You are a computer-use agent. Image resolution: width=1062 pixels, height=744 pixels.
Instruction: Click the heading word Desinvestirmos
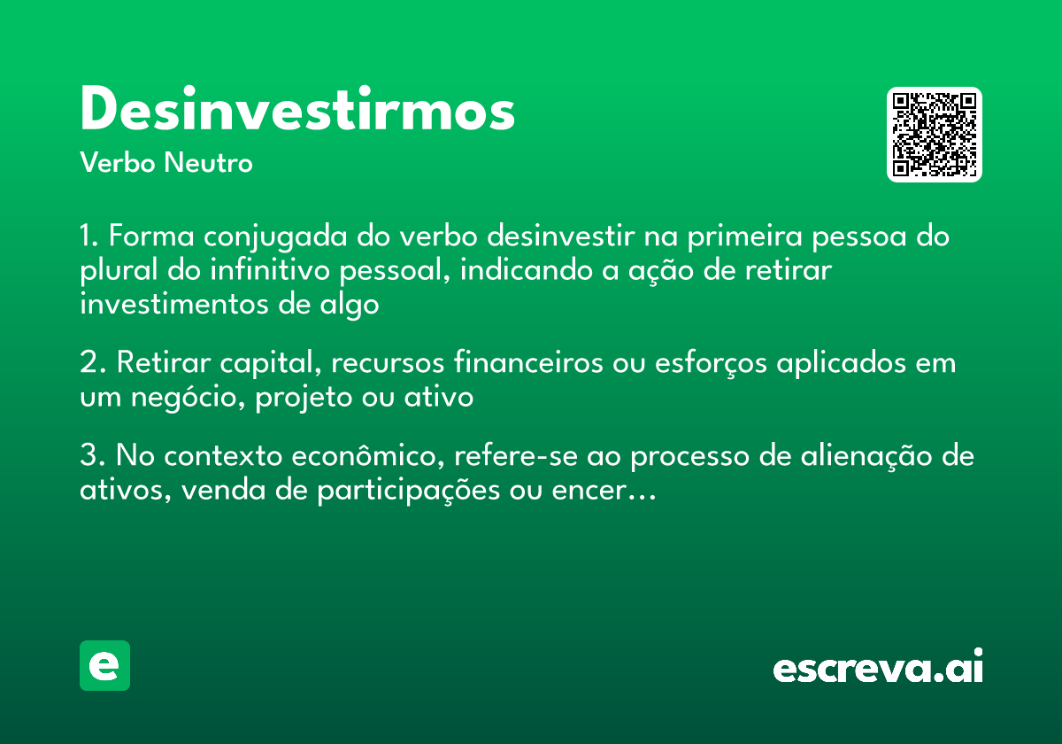(297, 112)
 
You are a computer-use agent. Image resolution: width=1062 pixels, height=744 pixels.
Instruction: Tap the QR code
(935, 135)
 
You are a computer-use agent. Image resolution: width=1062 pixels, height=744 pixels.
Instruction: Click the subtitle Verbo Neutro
(166, 164)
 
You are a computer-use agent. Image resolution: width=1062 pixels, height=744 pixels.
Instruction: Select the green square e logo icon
(104, 665)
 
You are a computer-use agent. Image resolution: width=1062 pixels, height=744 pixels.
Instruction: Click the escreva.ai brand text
(878, 668)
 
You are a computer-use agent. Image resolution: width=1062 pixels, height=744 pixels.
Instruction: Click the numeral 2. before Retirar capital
(93, 364)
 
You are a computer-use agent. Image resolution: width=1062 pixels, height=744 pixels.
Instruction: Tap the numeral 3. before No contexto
(93, 458)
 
